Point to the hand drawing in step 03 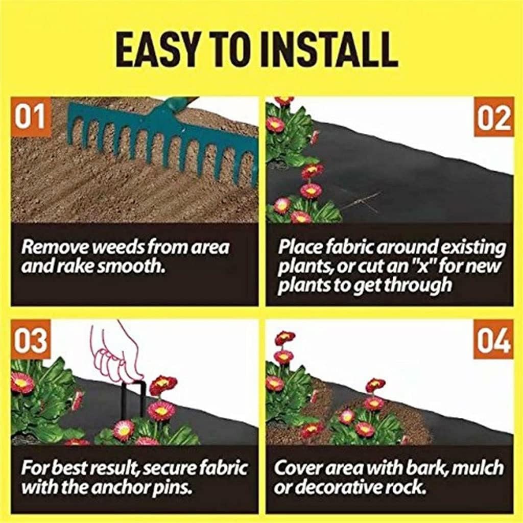click(x=115, y=352)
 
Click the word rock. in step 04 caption click(x=407, y=487)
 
